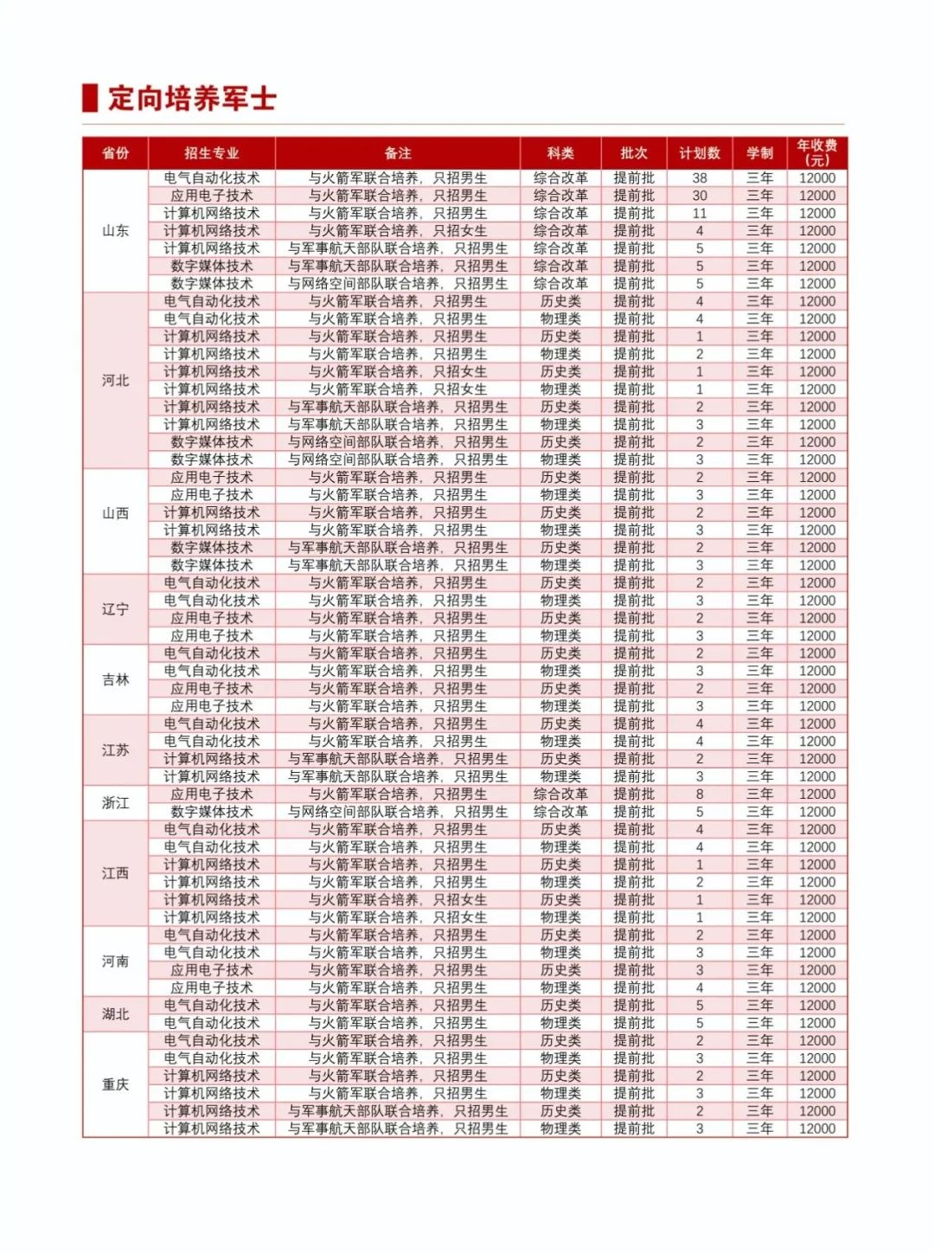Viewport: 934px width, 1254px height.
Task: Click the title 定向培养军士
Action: pos(192,98)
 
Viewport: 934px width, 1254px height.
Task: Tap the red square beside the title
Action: pos(90,98)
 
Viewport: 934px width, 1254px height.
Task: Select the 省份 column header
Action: pos(116,153)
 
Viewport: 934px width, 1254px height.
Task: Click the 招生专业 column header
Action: pos(212,153)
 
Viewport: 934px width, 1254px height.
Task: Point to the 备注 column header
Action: pos(398,153)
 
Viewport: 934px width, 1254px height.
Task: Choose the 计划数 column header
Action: pos(700,153)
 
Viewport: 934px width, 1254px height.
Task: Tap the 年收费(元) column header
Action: pos(817,152)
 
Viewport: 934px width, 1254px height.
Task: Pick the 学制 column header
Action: pos(760,153)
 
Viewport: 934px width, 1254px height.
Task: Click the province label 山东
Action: pos(116,230)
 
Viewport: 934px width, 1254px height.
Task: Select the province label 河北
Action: pos(116,380)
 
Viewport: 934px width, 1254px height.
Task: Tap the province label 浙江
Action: pos(116,802)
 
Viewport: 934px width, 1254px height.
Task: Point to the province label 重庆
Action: pos(116,1084)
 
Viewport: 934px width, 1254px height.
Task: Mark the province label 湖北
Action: pos(116,1013)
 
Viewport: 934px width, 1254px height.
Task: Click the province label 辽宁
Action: pos(116,608)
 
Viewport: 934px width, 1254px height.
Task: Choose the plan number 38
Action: pos(700,177)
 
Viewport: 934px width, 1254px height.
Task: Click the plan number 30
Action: pos(700,196)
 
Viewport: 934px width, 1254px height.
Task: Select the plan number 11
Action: pos(700,213)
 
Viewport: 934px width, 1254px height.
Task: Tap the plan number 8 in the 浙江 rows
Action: pos(700,794)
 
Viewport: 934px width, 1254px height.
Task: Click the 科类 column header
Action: pos(560,153)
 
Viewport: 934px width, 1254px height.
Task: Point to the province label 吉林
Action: pos(116,679)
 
